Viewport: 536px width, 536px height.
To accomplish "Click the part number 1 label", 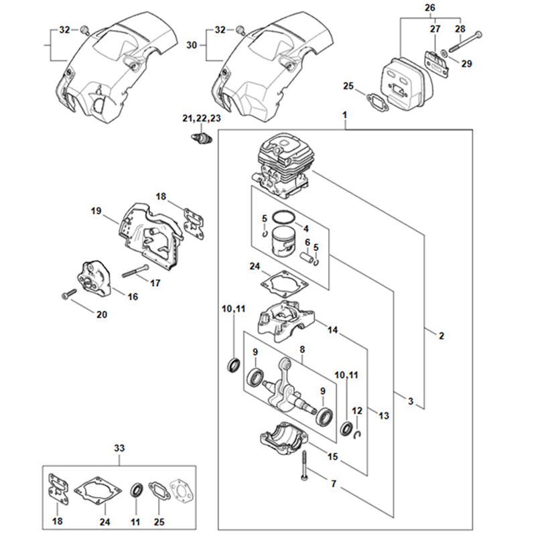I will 344,116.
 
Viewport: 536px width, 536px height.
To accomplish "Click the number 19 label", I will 96,212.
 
